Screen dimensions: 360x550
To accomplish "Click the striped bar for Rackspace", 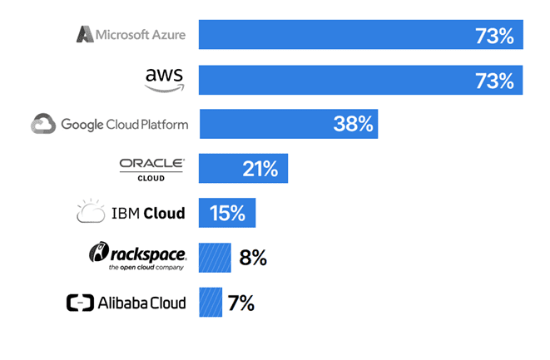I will (x=215, y=258).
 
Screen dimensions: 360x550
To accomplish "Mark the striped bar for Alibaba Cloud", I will (x=211, y=302).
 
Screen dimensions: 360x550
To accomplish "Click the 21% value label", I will (x=260, y=169).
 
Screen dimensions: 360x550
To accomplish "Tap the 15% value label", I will (x=227, y=213).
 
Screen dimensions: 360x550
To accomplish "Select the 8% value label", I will (x=252, y=258).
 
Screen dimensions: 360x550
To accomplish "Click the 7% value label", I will (x=240, y=303).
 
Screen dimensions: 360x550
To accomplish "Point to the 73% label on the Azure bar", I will (x=494, y=36).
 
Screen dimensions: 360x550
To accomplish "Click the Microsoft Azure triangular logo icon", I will (x=85, y=34).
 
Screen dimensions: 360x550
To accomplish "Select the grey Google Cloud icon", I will (x=43, y=125).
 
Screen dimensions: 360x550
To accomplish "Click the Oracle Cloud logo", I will (x=151, y=168).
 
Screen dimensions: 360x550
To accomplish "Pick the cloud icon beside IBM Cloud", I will (x=91, y=212).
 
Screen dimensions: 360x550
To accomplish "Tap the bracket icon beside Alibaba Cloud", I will (x=81, y=303).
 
